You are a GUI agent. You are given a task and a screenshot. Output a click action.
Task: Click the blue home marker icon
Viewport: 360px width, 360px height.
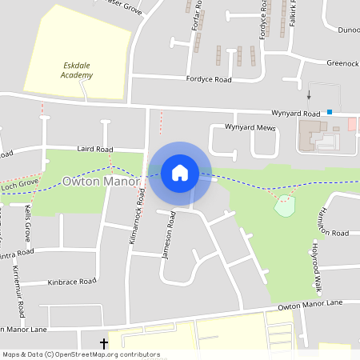[x=180, y=173]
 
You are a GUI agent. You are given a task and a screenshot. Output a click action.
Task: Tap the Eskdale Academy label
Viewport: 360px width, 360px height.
[x=77, y=70]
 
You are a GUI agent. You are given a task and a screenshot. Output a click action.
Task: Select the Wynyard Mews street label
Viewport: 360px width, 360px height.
[x=250, y=128]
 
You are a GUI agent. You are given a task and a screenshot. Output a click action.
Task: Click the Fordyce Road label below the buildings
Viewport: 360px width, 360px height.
[x=209, y=80]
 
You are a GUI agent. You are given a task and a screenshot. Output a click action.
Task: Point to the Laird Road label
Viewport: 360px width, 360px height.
[x=95, y=149]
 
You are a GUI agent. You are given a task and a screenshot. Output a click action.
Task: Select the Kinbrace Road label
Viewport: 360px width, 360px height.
[x=71, y=282]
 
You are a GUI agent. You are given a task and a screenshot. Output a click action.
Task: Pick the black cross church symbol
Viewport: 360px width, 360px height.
[x=104, y=343]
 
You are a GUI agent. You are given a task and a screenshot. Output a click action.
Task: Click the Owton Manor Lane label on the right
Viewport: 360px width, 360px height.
[x=310, y=305]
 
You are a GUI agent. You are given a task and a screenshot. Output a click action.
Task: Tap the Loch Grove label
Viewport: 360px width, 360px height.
[x=20, y=184]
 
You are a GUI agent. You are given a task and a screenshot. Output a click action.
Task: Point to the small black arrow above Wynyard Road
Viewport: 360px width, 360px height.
[x=309, y=94]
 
